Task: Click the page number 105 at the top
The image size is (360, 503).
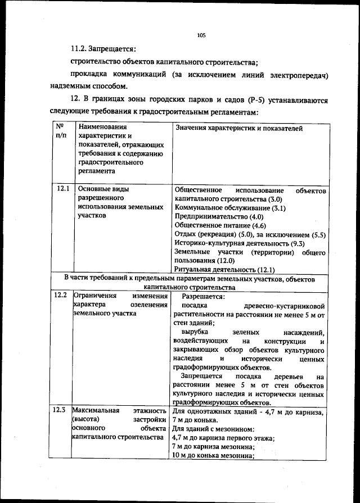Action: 201,35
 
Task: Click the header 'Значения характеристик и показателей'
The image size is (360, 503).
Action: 238,129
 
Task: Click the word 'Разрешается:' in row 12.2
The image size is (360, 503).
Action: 204,296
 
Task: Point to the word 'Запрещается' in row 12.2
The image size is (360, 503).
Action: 201,376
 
